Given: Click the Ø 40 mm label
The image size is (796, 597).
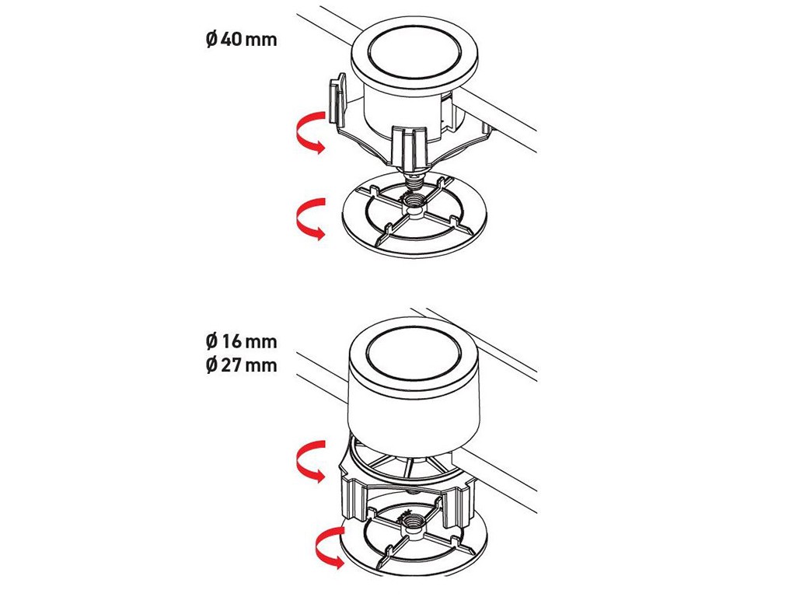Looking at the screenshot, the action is coord(242,39).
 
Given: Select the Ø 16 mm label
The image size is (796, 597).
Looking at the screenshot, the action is coord(242,341).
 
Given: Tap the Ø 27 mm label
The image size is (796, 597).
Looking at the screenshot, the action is coord(242,365).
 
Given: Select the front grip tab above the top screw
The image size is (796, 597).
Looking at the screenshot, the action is coord(412,146).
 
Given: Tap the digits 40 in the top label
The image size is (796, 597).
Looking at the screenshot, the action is coord(232,39).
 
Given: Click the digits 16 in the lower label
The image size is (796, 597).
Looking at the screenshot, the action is coord(232,341).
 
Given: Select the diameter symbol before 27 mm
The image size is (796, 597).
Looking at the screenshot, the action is coord(211,365).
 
